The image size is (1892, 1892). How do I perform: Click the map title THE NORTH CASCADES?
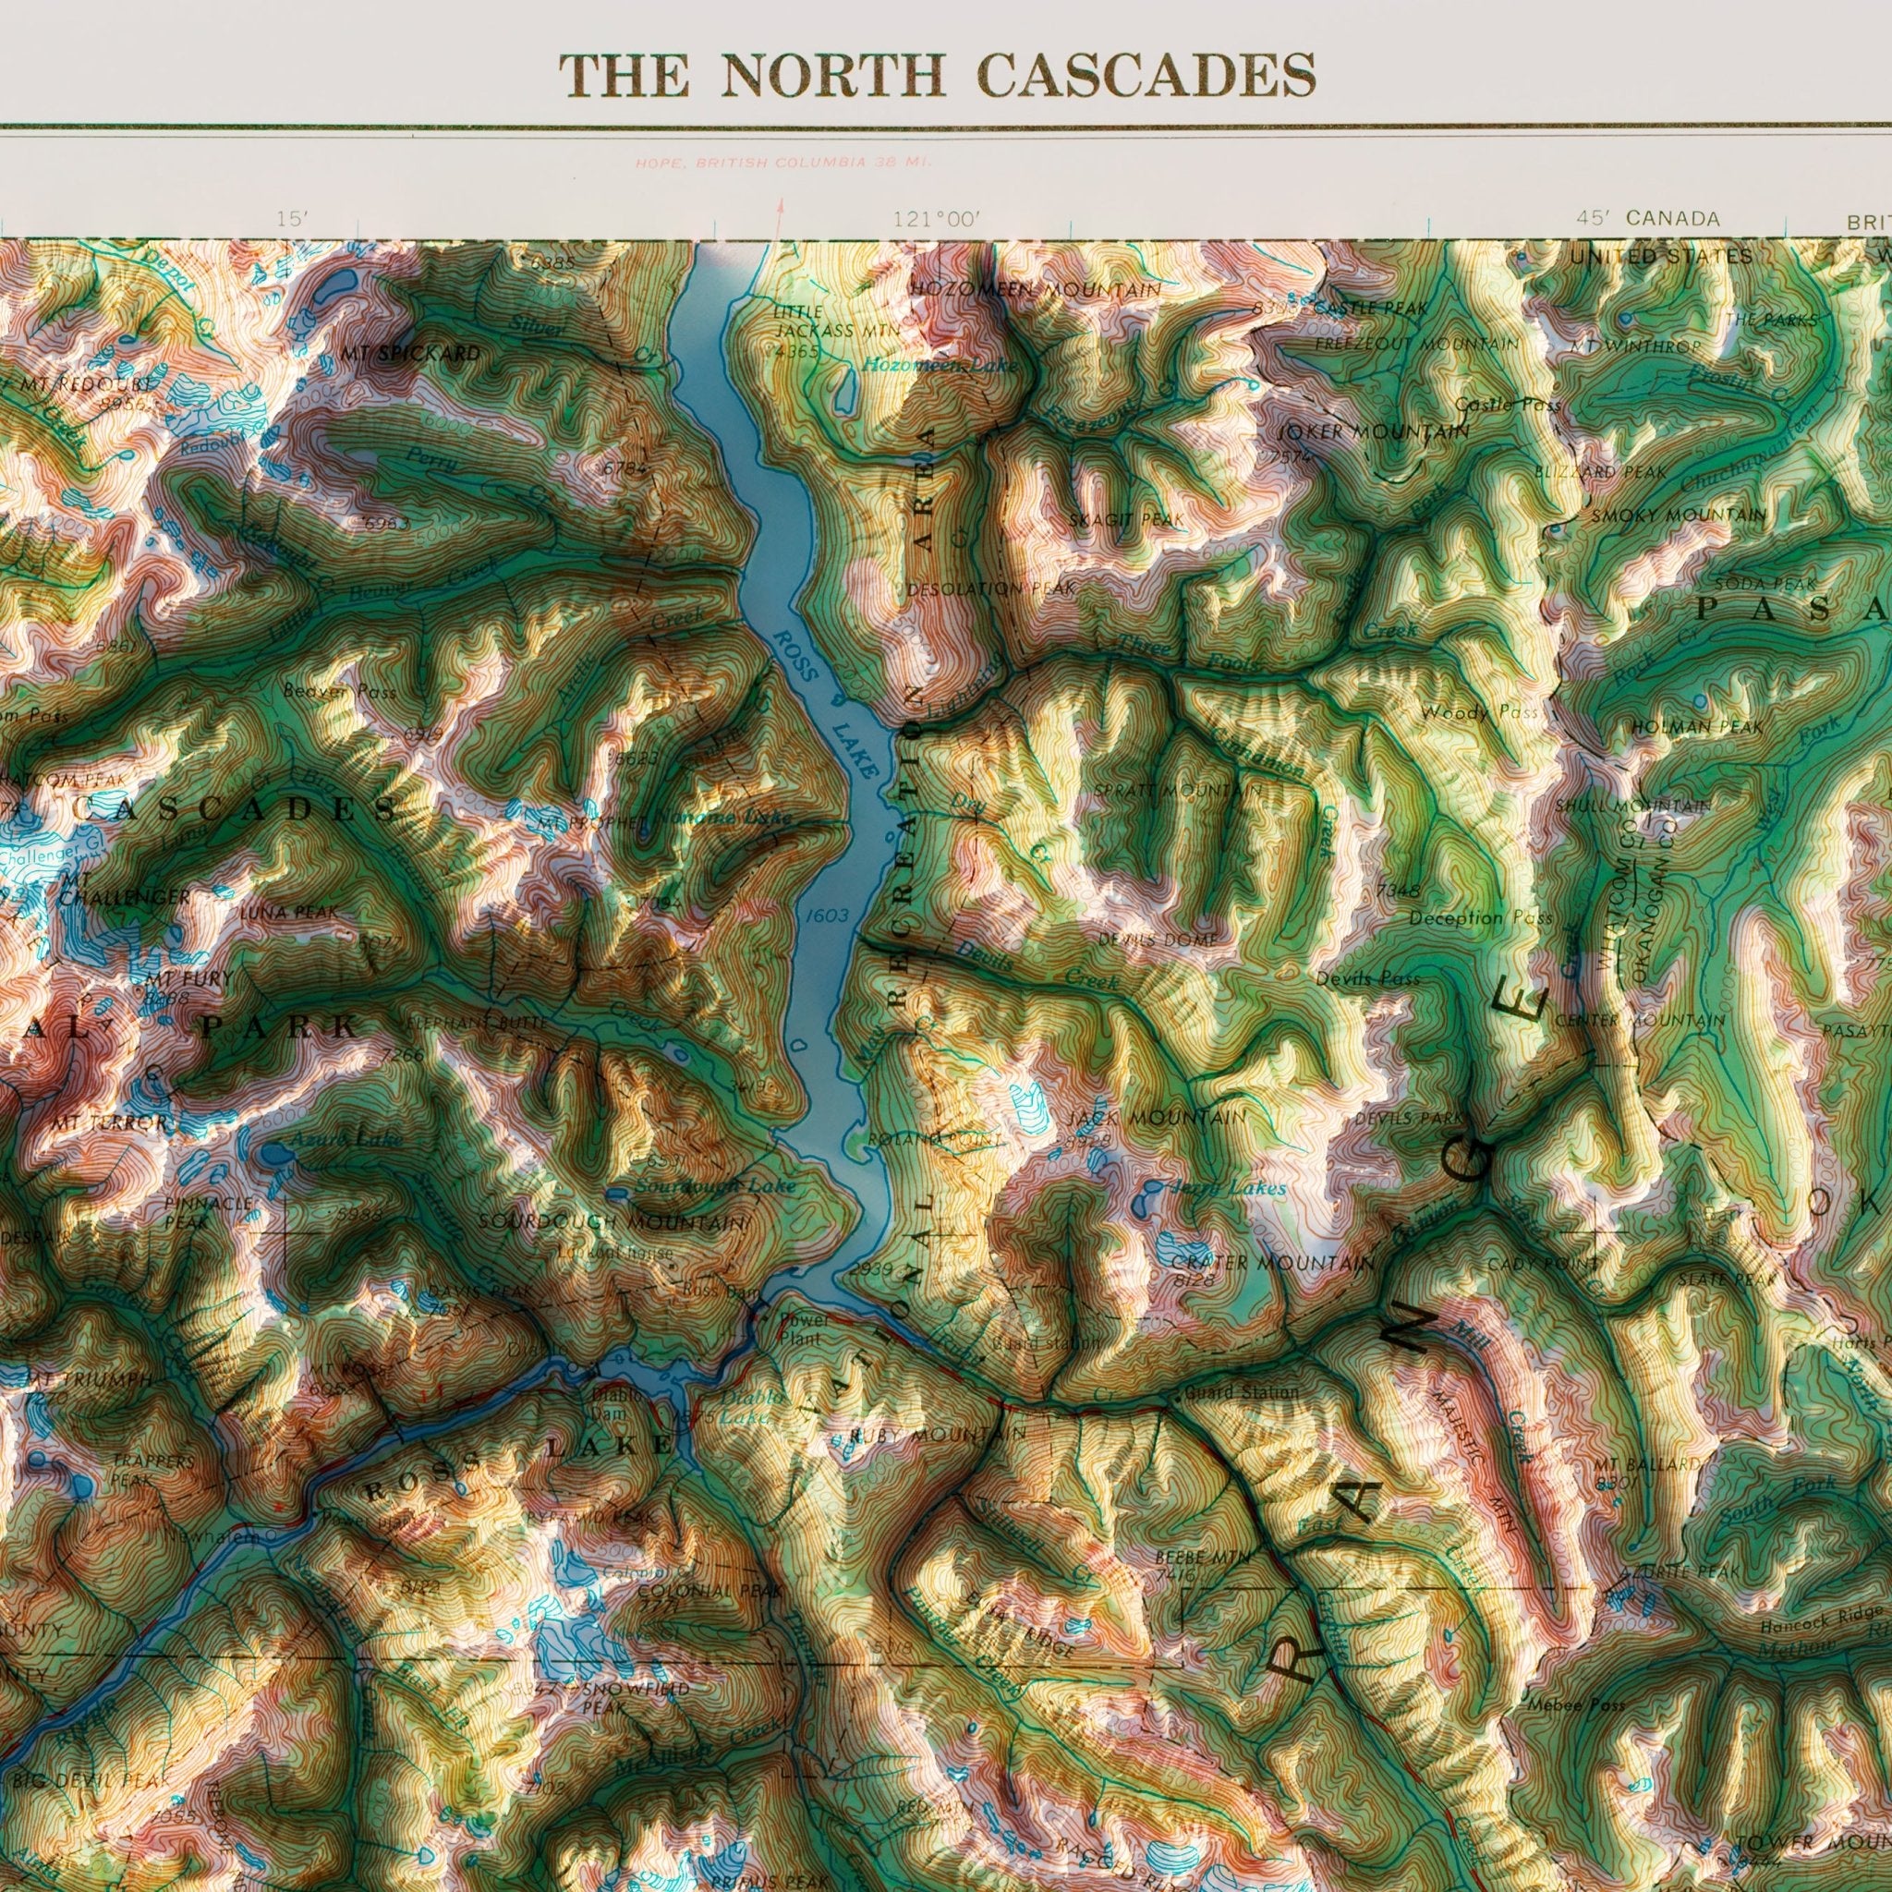(937, 76)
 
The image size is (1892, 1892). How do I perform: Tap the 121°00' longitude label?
(935, 219)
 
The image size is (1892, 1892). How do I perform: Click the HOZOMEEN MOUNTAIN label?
(1035, 290)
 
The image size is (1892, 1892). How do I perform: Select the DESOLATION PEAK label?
(992, 589)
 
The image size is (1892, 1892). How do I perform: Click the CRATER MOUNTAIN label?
(1273, 1263)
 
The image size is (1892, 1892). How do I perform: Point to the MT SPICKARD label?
(411, 353)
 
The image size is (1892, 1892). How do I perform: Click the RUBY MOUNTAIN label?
(939, 1435)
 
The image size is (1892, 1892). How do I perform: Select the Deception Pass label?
(1480, 917)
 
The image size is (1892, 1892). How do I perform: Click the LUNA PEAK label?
(289, 912)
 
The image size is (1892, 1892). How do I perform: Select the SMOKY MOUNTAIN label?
(1679, 515)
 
